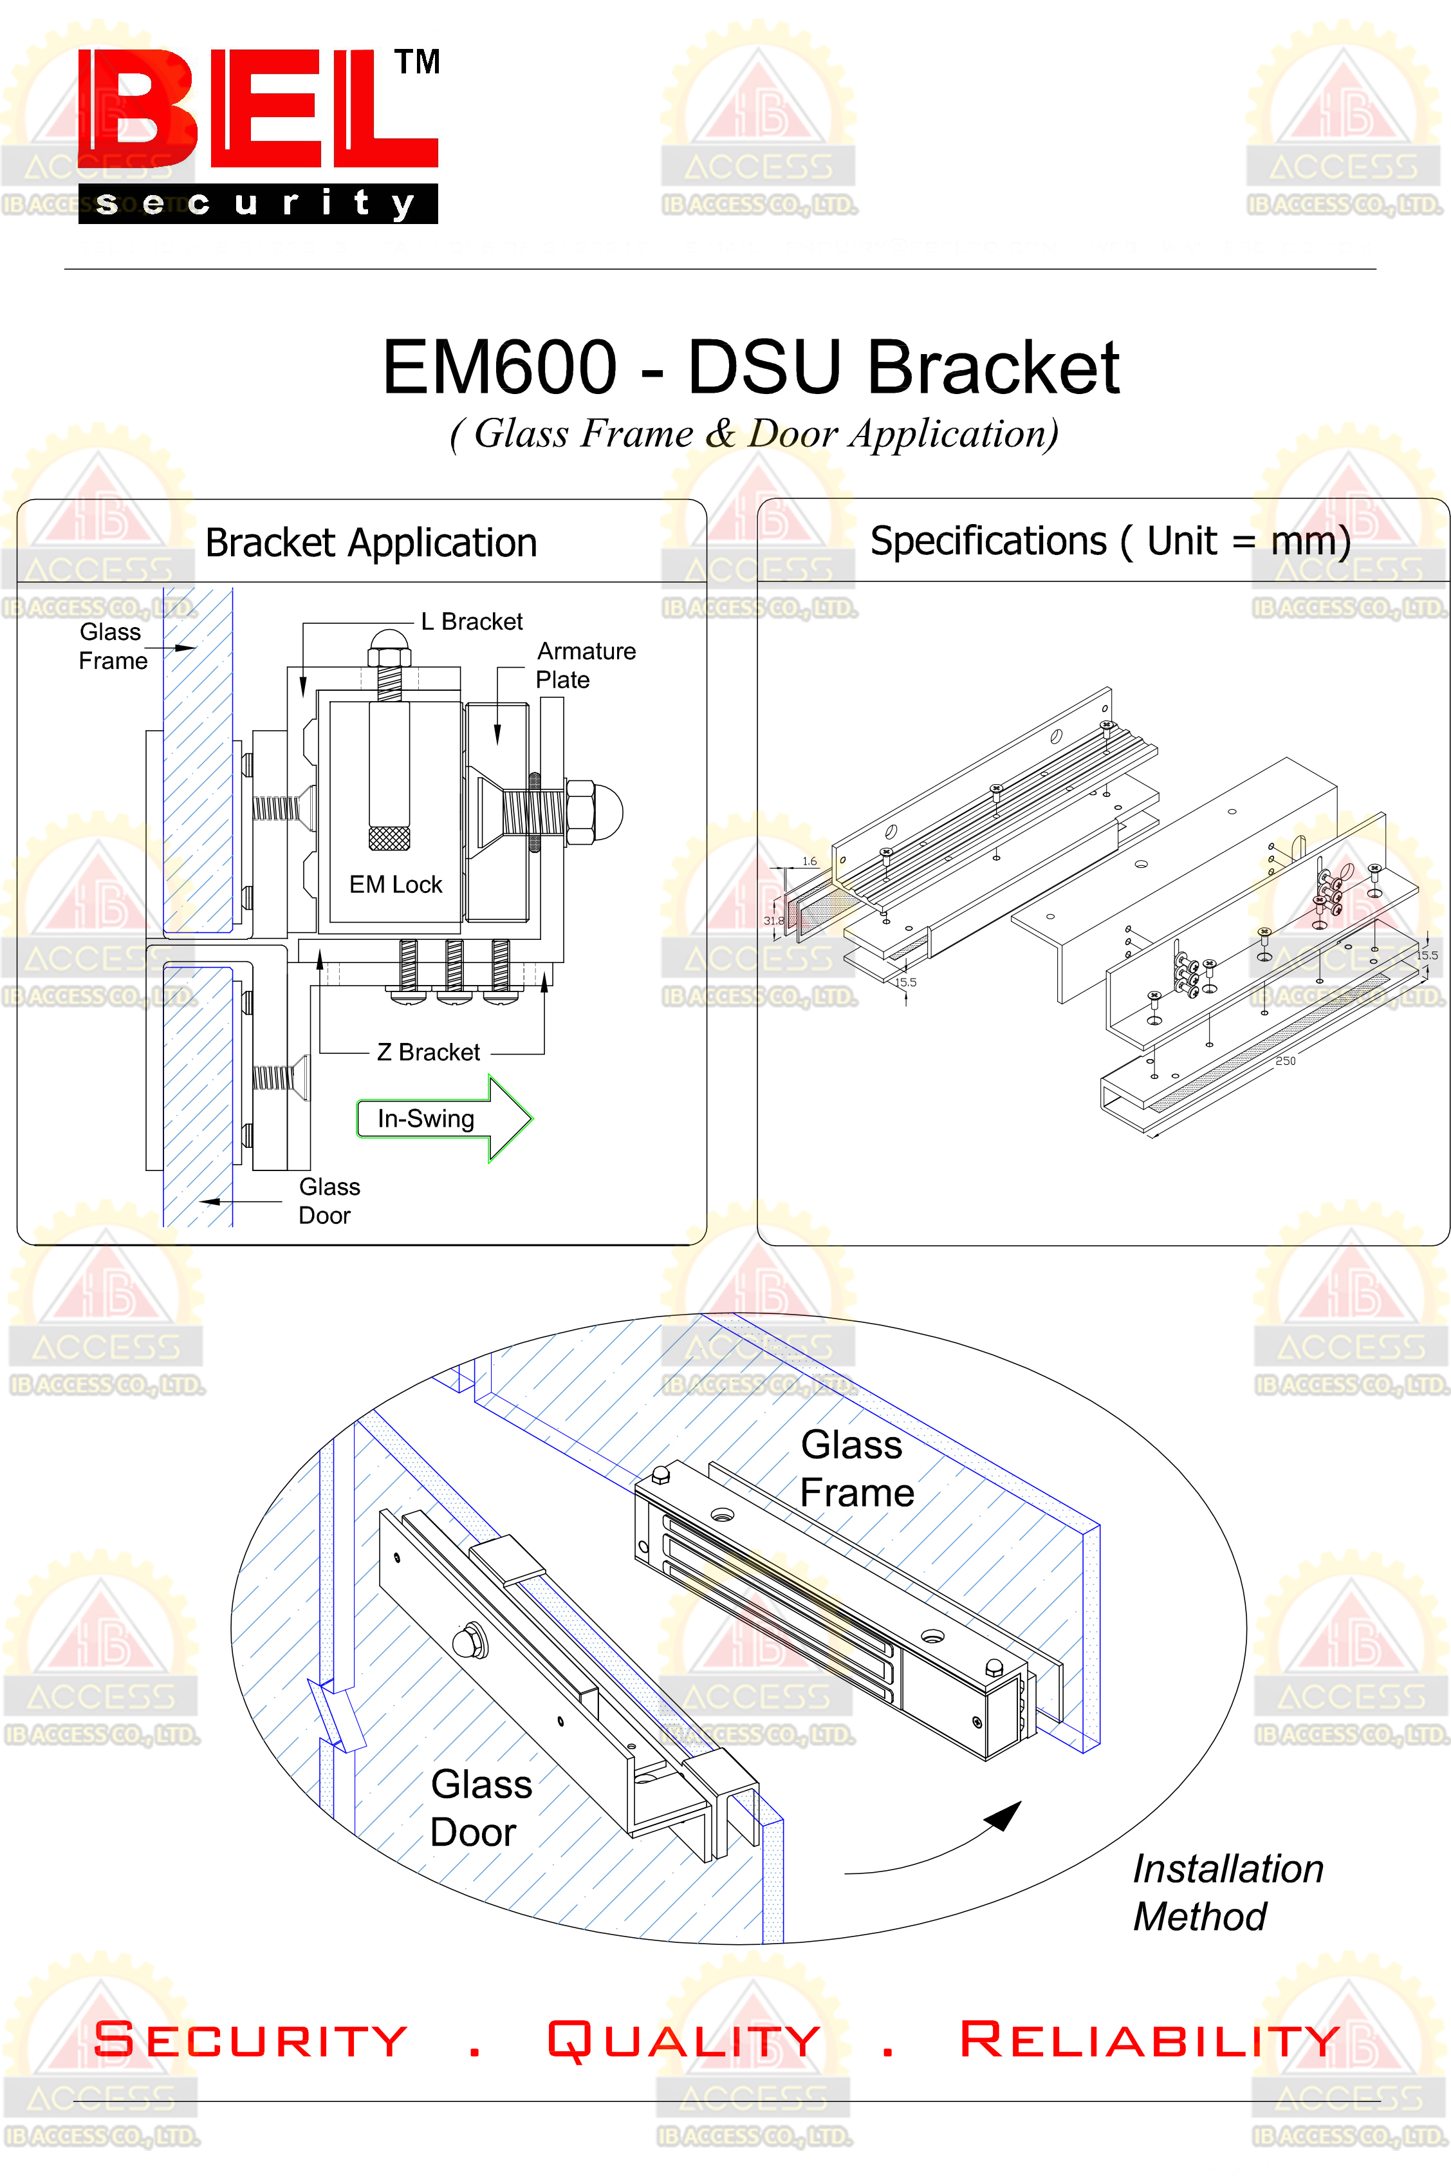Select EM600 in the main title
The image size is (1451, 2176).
pyautogui.click(x=500, y=368)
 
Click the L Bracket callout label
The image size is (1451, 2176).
pyautogui.click(x=471, y=621)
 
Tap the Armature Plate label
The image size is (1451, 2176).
pyautogui.click(x=584, y=664)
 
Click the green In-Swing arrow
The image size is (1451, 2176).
pyautogui.click(x=444, y=1118)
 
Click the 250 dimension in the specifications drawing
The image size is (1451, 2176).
pyautogui.click(x=1286, y=1061)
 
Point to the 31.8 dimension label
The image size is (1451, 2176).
pyautogui.click(x=773, y=920)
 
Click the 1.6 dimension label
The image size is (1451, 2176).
pyautogui.click(x=809, y=861)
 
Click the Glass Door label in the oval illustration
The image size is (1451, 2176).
pyautogui.click(x=479, y=1808)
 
